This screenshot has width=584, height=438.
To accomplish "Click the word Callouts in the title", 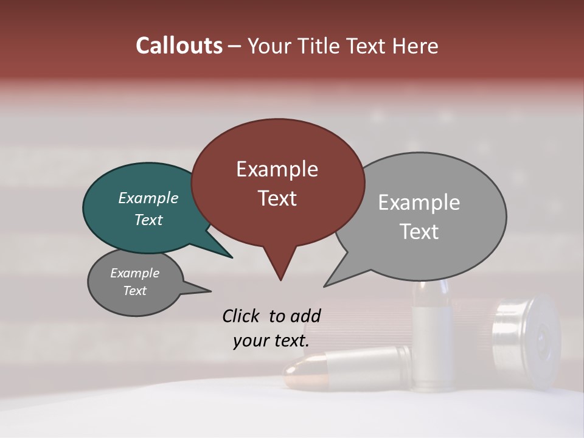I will [179, 46].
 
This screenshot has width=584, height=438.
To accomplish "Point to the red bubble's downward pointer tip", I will [280, 279].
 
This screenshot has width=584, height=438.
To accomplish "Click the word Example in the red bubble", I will [277, 169].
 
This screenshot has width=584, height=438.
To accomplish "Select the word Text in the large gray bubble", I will [419, 232].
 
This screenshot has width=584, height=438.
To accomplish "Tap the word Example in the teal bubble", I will [148, 198].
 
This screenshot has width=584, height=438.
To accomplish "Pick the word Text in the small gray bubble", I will [135, 291].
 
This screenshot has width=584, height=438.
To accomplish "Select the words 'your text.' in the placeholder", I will [271, 341].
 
